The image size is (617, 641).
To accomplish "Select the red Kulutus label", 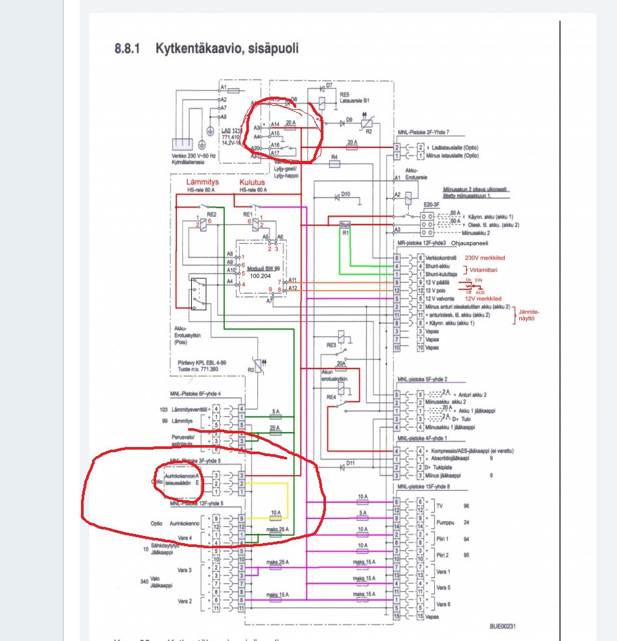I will pos(252,183).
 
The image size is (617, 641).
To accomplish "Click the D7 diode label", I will pos(329,86).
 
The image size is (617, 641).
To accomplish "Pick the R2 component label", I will pos(369,131).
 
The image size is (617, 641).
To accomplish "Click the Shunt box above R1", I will pos(345,224).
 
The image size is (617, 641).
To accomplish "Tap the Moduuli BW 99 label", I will pos(263,267).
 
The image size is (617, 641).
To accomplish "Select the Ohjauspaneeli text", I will pos(469,243).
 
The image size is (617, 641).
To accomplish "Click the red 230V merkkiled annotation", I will pos(489,258).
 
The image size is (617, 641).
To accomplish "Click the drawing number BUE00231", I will pos(506,627).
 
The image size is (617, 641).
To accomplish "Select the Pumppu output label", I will pos(447,521).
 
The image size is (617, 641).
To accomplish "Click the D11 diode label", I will pos(351,463).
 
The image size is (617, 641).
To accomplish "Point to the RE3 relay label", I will pos(331,346).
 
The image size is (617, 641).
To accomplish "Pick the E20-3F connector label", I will pos(431,204).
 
